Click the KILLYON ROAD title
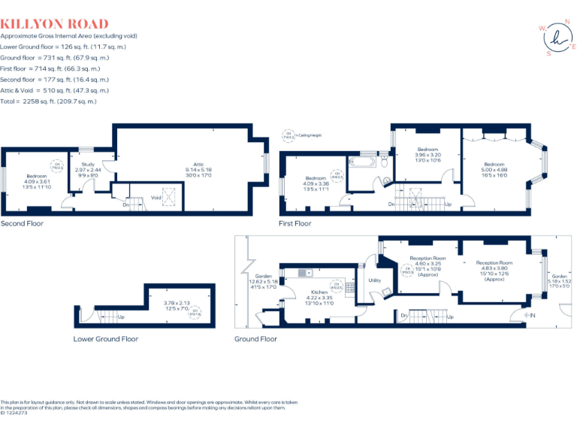(x=54, y=24)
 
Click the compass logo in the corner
(x=556, y=37)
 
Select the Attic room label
(x=198, y=164)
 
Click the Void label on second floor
(x=156, y=198)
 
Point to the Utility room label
(x=375, y=280)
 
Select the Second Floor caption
(x=22, y=223)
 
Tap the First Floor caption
(x=295, y=223)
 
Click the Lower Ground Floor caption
(x=106, y=339)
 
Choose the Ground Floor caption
(x=255, y=339)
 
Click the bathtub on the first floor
(x=367, y=162)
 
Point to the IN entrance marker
(x=535, y=314)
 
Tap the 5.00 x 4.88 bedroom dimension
(x=494, y=169)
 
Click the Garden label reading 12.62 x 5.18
(x=263, y=281)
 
